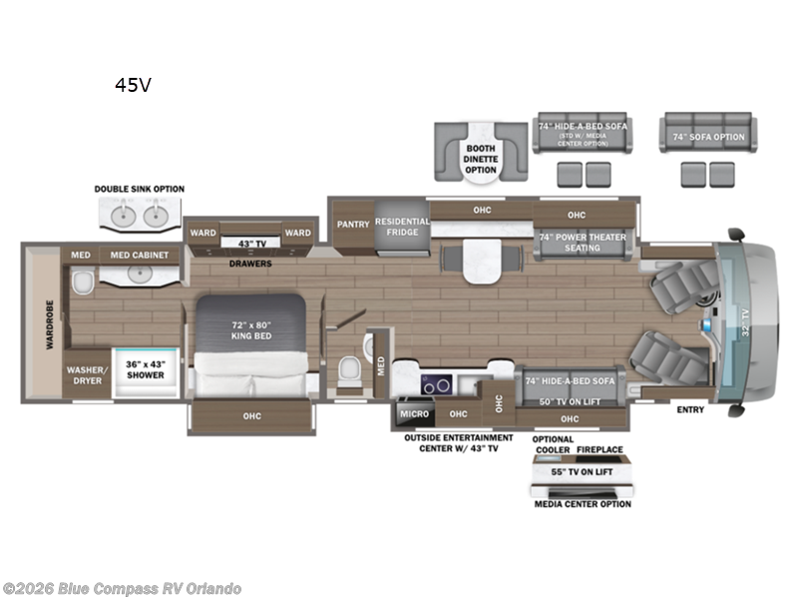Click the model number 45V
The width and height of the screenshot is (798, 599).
(x=133, y=85)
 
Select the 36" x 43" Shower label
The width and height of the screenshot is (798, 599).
(x=146, y=370)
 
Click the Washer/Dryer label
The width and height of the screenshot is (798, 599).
(x=86, y=374)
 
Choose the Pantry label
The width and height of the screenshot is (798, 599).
(x=353, y=224)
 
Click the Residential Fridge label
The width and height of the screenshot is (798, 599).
(x=402, y=227)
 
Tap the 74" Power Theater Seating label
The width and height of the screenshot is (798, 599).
(x=584, y=243)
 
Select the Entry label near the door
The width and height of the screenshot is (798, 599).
(x=689, y=409)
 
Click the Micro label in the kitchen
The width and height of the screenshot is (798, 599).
(x=414, y=412)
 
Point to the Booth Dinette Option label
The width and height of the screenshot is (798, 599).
(x=481, y=160)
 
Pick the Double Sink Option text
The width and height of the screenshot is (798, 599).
(x=140, y=189)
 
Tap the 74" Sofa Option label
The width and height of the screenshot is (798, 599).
(x=708, y=137)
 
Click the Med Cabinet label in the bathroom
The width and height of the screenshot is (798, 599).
(x=139, y=256)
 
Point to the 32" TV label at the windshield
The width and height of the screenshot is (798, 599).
(x=746, y=321)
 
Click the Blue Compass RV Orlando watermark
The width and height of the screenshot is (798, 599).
(x=122, y=589)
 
